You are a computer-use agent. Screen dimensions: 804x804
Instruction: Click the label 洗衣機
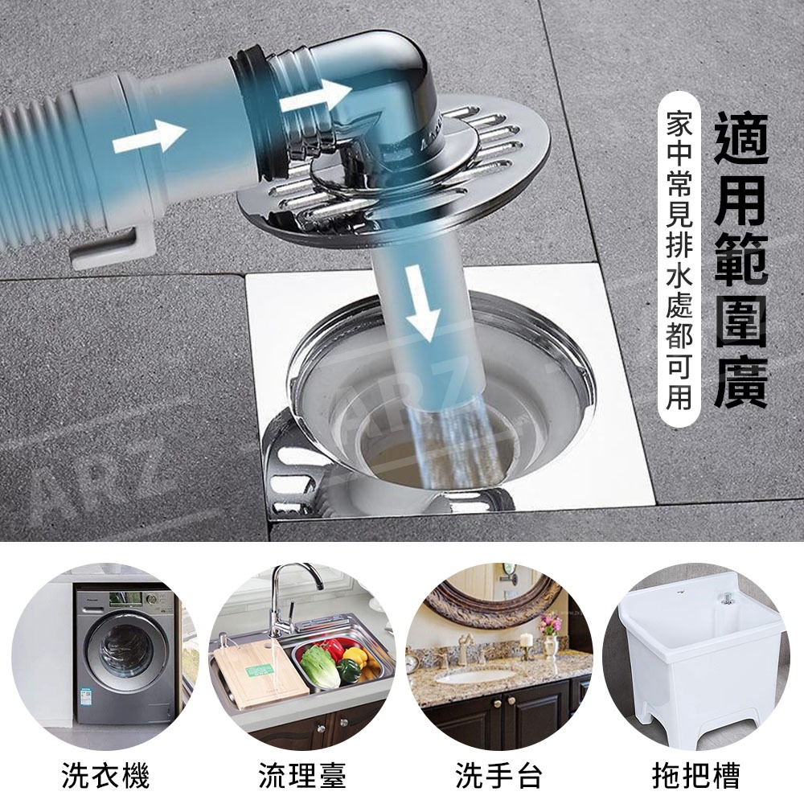(106, 774)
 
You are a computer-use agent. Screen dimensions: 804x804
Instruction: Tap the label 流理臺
(302, 774)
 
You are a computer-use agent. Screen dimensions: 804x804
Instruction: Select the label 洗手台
(499, 774)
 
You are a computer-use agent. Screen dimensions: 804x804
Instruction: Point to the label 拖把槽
(695, 774)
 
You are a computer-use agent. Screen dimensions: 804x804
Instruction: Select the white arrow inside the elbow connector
(315, 96)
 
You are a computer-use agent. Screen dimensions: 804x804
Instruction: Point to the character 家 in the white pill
(679, 124)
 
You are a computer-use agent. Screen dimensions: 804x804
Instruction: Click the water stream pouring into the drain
(451, 441)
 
